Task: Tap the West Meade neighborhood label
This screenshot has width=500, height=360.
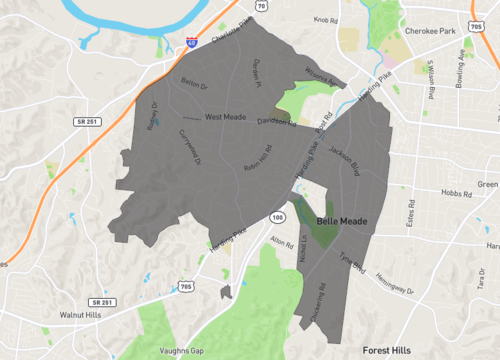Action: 225,117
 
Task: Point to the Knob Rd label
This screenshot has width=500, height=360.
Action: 327,19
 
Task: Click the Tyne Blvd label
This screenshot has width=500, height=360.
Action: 352,262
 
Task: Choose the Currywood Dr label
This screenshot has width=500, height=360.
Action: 189,147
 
